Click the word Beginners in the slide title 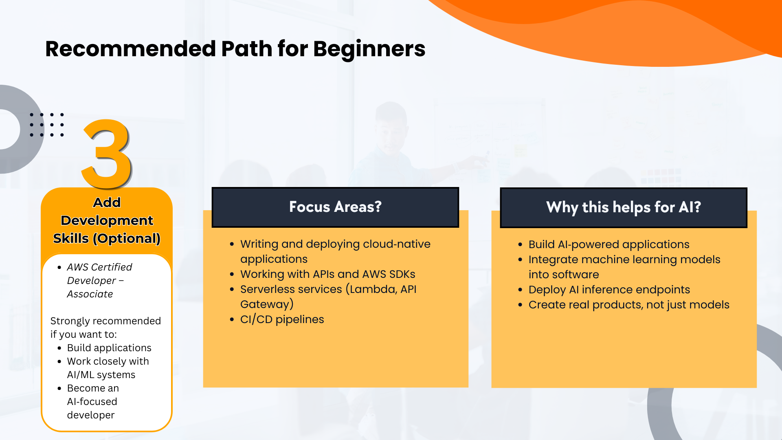369,50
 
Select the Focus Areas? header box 335,207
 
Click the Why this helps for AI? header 624,208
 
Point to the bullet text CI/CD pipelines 282,319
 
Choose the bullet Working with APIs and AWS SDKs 328,274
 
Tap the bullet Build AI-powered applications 609,244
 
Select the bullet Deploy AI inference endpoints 609,290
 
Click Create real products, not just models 629,305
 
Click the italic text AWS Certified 99,267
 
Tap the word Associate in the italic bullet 90,294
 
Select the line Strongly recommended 105,321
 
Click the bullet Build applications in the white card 109,348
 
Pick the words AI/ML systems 101,375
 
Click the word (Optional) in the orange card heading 127,238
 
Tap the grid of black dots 47,125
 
